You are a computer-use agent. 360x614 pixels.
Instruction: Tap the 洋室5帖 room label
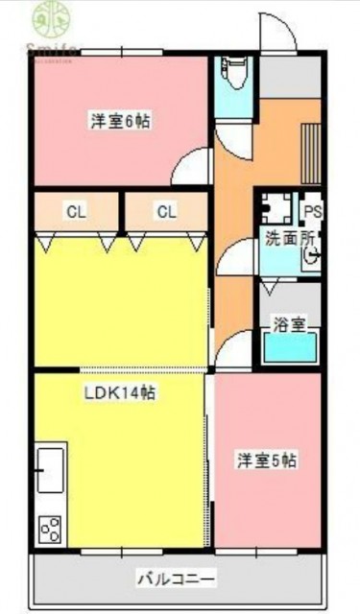click(268, 460)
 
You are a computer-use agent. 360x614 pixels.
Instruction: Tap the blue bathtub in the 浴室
click(290, 347)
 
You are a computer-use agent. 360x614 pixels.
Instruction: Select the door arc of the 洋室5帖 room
click(233, 357)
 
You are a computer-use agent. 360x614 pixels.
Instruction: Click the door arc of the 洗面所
click(234, 257)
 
